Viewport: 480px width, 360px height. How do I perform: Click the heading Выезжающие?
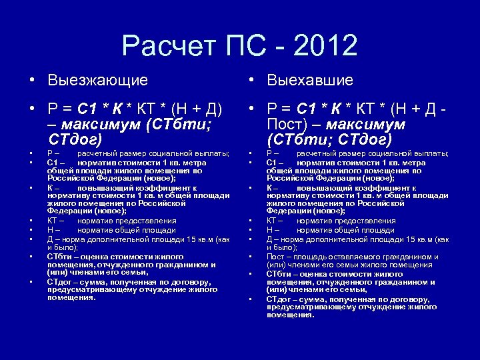pos(97,81)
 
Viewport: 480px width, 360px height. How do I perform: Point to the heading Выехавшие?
pos(309,81)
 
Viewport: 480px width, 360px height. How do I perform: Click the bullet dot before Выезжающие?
pos(31,81)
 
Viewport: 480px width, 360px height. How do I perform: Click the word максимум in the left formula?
pos(111,125)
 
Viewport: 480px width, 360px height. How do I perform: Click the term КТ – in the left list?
pos(55,221)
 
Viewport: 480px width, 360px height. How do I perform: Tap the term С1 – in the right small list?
pos(275,162)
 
